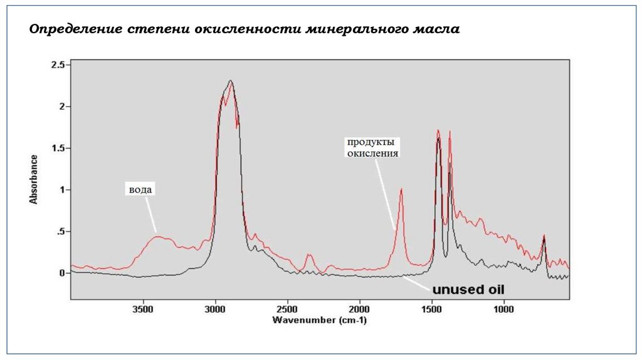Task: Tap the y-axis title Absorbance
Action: coord(34,179)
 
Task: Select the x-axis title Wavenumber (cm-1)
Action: coord(320,320)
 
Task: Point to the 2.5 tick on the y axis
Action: coord(58,65)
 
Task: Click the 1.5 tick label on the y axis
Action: coord(58,149)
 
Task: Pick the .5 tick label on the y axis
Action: coord(60,232)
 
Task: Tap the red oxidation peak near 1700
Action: coord(401,189)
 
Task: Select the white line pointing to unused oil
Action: coord(417,283)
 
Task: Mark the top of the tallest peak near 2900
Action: coord(231,81)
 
